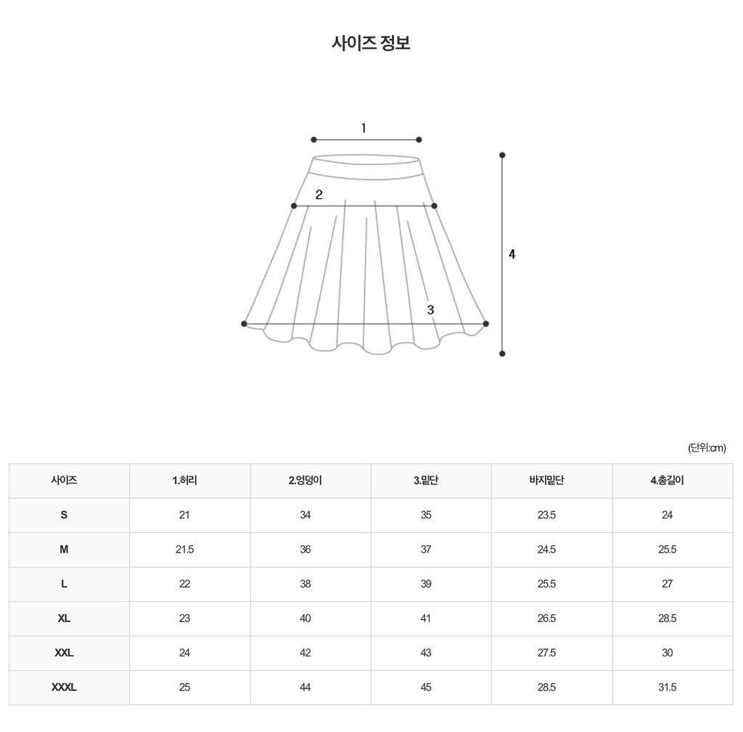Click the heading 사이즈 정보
pyautogui.click(x=371, y=43)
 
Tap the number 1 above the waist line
pyautogui.click(x=364, y=128)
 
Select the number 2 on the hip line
pyautogui.click(x=319, y=195)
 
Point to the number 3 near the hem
pyautogui.click(x=430, y=309)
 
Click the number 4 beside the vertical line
pyautogui.click(x=512, y=254)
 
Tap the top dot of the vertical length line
pyautogui.click(x=502, y=155)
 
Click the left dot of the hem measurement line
pyautogui.click(x=244, y=324)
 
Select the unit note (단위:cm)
pyautogui.click(x=707, y=447)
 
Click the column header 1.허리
pyautogui.click(x=185, y=480)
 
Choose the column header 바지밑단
pyautogui.click(x=546, y=480)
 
